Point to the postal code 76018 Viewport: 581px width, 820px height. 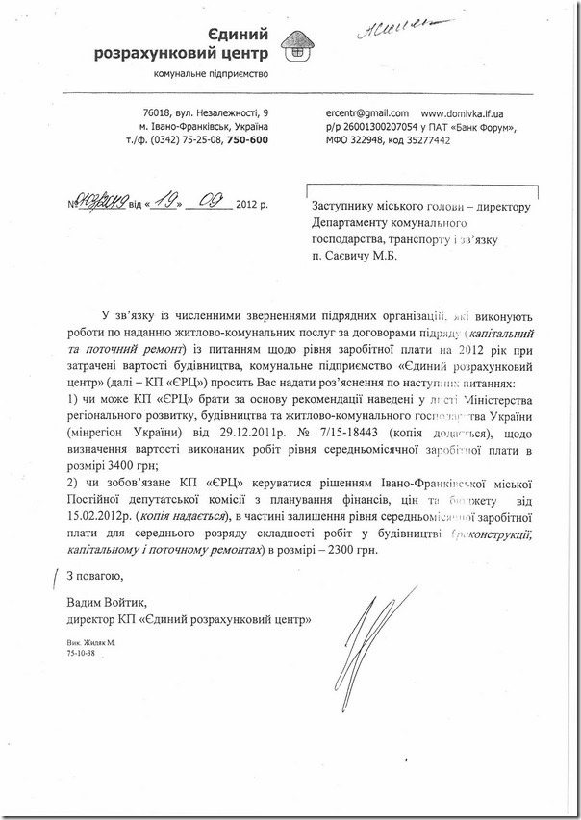[x=156, y=114]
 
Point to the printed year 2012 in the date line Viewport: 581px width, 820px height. [x=248, y=205]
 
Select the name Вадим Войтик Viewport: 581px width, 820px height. [x=102, y=602]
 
